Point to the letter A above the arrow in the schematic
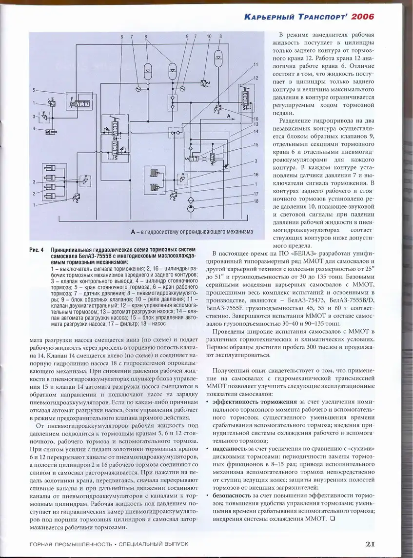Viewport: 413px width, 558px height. click(229, 117)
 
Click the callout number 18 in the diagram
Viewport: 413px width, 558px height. click(256, 200)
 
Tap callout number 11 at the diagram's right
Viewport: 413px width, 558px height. click(256, 65)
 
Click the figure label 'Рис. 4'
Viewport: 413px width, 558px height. click(36, 250)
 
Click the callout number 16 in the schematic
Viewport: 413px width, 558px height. click(256, 175)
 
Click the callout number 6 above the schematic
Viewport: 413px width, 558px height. click(121, 37)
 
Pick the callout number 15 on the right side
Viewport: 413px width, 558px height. click(256, 145)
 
